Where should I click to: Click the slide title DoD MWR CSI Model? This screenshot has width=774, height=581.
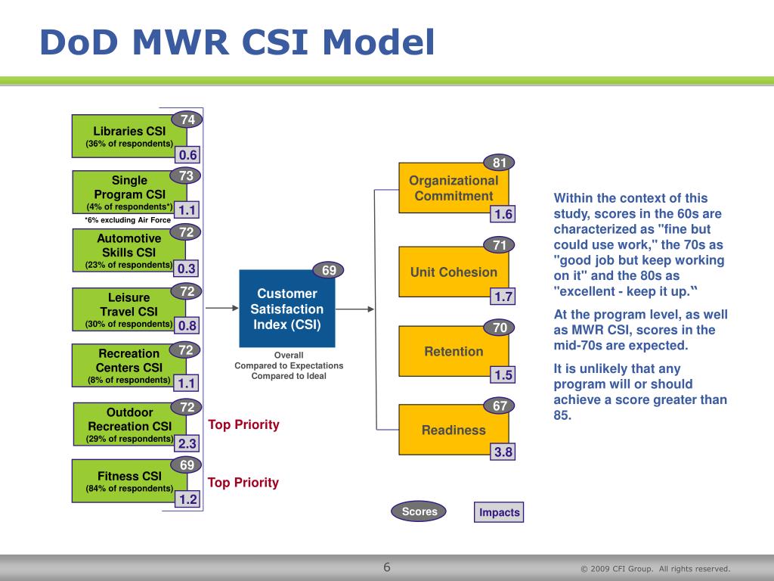click(237, 42)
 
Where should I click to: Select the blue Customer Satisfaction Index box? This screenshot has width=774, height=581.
click(286, 309)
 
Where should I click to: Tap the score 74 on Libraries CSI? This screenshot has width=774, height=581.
click(187, 120)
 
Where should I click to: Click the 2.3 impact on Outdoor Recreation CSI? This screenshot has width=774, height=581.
click(187, 443)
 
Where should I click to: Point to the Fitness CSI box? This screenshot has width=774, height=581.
click(129, 481)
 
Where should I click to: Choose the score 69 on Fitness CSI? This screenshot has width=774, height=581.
click(187, 465)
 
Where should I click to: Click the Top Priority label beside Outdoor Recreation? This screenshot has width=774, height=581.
click(243, 424)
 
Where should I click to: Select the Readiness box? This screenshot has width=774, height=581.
click(454, 430)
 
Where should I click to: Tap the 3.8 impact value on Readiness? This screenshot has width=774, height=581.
click(503, 452)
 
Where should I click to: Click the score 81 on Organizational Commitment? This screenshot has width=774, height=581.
click(500, 163)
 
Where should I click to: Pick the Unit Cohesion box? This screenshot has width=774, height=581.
click(454, 272)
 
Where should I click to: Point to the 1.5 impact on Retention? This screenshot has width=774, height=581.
click(503, 374)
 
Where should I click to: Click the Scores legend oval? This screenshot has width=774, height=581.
click(419, 511)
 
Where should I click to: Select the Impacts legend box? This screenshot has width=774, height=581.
click(499, 512)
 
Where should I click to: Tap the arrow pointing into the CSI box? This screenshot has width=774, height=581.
click(221, 308)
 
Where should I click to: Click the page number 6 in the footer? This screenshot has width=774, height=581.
click(387, 567)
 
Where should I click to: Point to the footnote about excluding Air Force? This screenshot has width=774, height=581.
click(128, 220)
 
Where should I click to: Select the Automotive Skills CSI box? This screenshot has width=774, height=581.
click(128, 250)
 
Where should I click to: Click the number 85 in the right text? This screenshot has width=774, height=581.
click(562, 415)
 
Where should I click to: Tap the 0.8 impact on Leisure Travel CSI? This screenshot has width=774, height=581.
click(187, 325)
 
